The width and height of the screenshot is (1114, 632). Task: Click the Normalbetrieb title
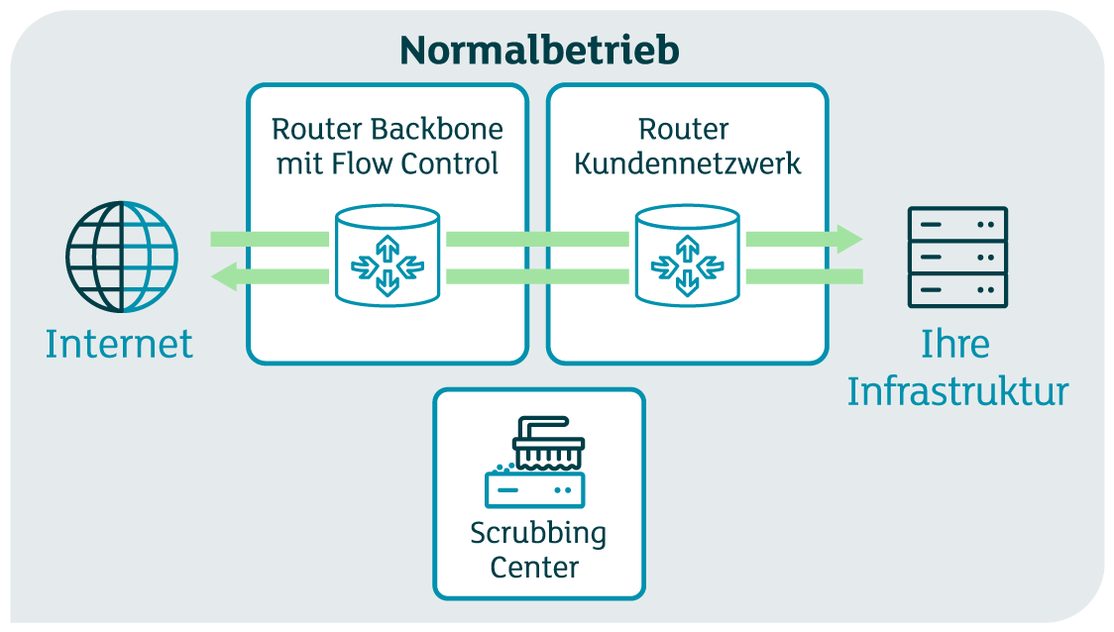539,50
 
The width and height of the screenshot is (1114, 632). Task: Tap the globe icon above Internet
122,258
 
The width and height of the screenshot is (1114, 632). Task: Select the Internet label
119,344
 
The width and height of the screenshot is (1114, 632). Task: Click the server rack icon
957,258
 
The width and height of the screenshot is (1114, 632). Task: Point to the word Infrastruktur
957,391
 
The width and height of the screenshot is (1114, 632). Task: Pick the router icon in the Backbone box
388,256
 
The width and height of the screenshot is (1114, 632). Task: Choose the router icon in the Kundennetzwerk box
687,256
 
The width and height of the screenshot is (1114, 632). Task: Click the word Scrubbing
538,533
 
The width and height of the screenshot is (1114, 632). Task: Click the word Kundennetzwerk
687,163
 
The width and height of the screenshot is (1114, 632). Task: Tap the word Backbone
438,130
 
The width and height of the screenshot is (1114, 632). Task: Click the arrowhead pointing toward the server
848,239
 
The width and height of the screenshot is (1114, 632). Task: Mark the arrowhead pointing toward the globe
225,276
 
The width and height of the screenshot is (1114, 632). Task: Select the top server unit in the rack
957,225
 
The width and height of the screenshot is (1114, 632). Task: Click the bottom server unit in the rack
957,290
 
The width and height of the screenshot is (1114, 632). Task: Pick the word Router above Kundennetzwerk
684,130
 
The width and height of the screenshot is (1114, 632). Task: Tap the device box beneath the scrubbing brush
535,489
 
